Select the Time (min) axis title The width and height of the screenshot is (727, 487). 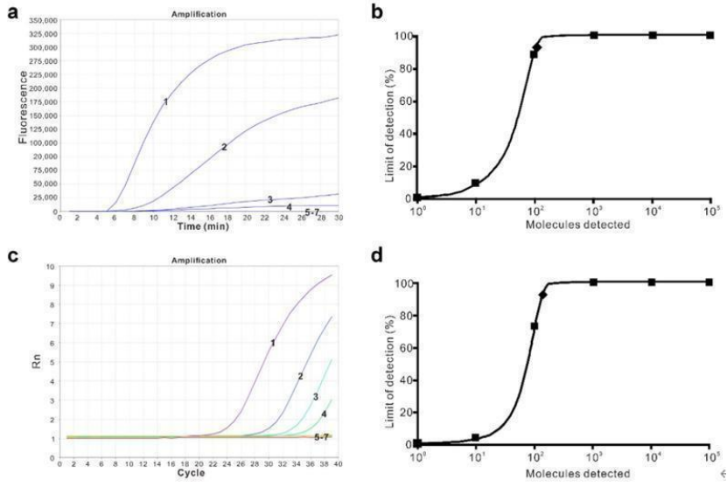[x=199, y=226]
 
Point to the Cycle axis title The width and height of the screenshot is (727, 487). [x=199, y=472]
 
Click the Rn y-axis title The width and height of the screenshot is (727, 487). [x=35, y=359]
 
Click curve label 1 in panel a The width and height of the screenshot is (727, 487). [x=165, y=102]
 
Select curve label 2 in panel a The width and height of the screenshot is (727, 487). [x=224, y=147]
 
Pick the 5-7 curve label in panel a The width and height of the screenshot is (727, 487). [x=312, y=212]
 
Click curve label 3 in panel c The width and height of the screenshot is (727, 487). [x=316, y=397]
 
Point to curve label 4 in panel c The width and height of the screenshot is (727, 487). [x=324, y=414]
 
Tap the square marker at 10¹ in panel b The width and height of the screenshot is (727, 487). [x=475, y=183]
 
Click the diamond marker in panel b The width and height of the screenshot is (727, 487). [x=537, y=48]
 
